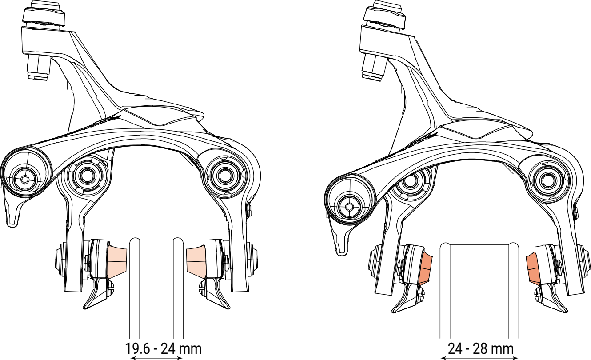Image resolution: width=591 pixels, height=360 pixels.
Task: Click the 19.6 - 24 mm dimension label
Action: (x=163, y=348)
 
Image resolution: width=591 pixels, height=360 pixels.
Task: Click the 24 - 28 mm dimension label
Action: (x=481, y=348)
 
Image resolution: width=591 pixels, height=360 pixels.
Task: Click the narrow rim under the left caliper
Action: (x=156, y=288)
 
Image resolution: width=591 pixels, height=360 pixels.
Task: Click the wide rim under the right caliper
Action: (x=479, y=290)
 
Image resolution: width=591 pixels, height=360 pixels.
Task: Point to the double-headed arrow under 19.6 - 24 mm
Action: (x=156, y=358)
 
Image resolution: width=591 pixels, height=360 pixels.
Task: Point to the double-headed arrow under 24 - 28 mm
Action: (x=479, y=358)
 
